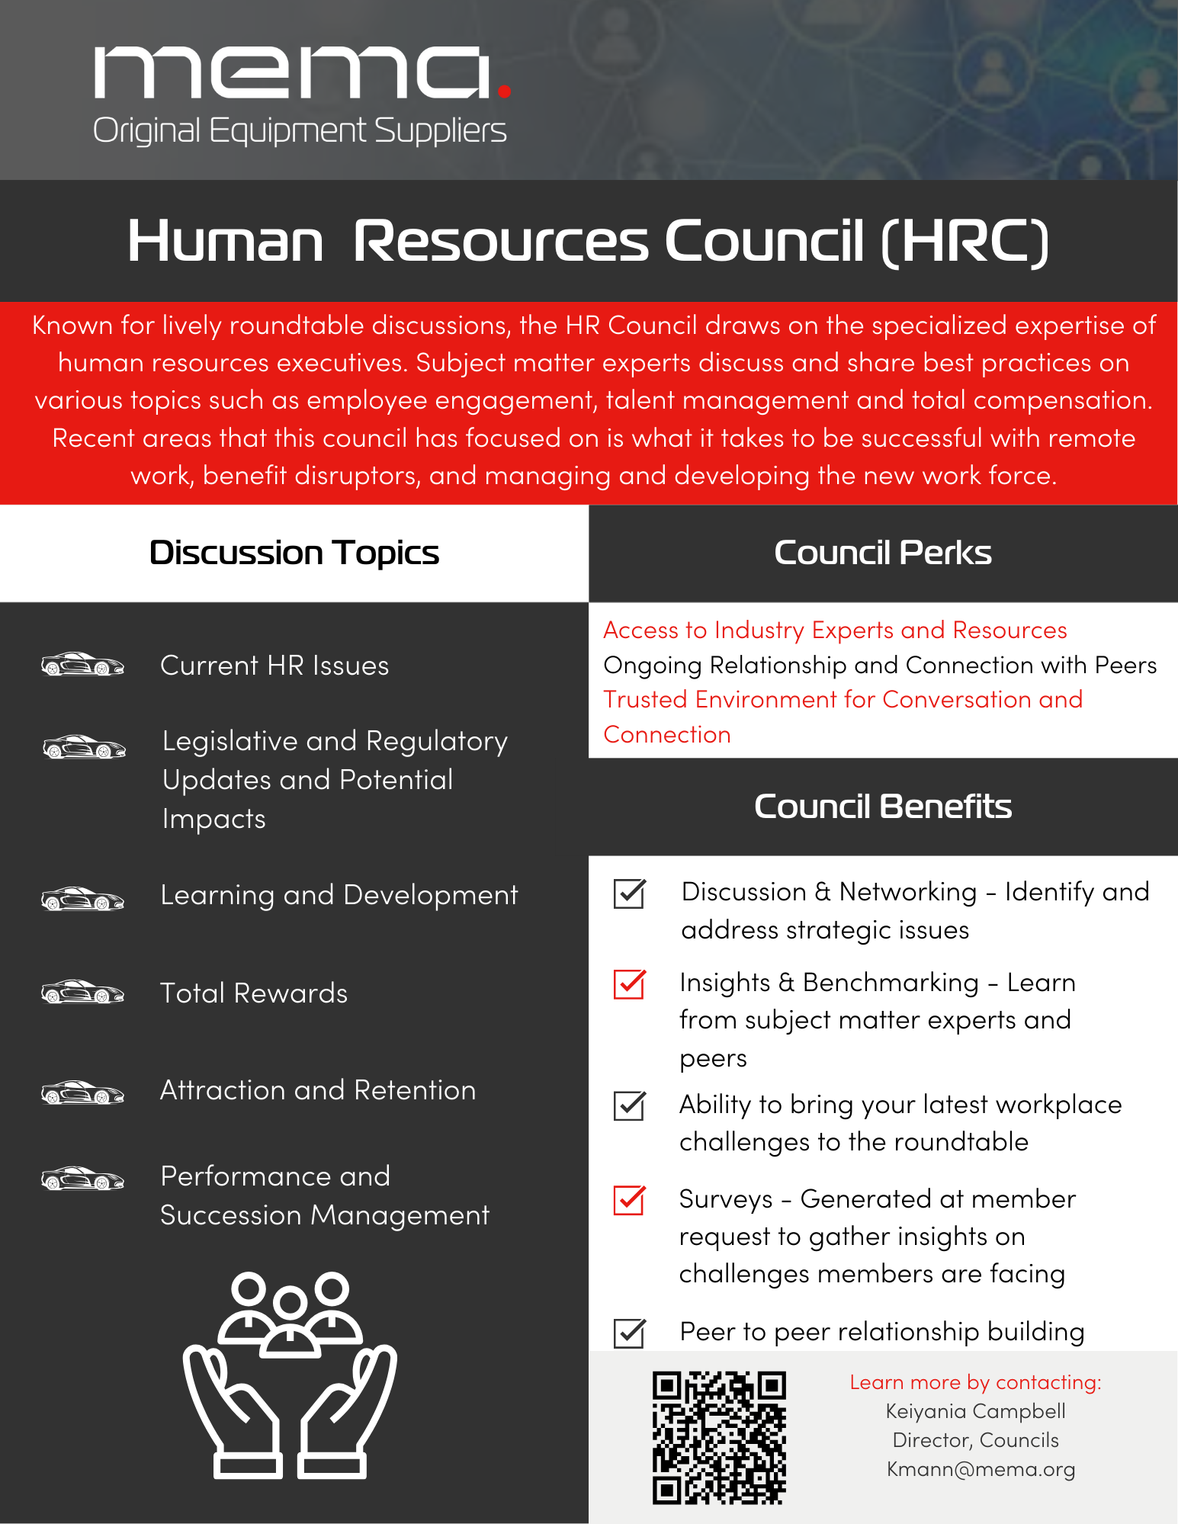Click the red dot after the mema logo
[x=503, y=91]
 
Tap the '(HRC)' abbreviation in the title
[x=965, y=242]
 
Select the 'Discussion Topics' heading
[x=294, y=553]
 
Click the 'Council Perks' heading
[x=882, y=553]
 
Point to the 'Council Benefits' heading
[x=882, y=807]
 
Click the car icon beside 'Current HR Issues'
[x=82, y=665]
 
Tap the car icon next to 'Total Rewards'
[x=82, y=993]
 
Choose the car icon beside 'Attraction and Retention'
[x=82, y=1092]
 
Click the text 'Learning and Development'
[x=339, y=895]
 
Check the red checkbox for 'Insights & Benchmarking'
[x=630, y=983]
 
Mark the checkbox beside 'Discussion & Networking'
[x=630, y=894]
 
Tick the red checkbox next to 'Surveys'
[x=630, y=1200]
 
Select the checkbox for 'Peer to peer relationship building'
[x=630, y=1333]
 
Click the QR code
[x=718, y=1438]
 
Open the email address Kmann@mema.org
[x=981, y=1469]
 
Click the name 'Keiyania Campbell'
[x=975, y=1411]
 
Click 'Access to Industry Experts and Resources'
[x=835, y=630]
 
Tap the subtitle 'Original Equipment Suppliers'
[x=300, y=131]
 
